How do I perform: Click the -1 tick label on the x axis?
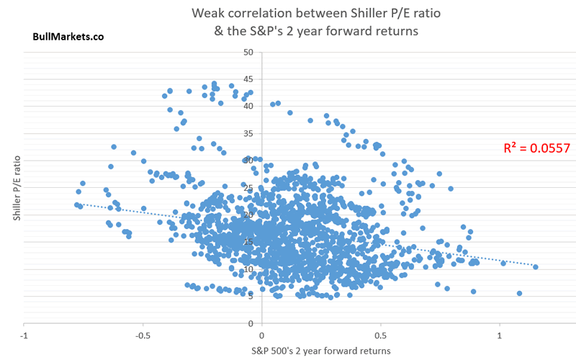point(24,336)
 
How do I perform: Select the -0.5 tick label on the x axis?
point(143,336)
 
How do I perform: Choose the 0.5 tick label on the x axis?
point(380,336)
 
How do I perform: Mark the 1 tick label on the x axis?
point(500,336)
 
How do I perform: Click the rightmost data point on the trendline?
point(536,267)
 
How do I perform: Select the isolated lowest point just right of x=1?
point(519,293)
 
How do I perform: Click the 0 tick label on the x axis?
point(261,336)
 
